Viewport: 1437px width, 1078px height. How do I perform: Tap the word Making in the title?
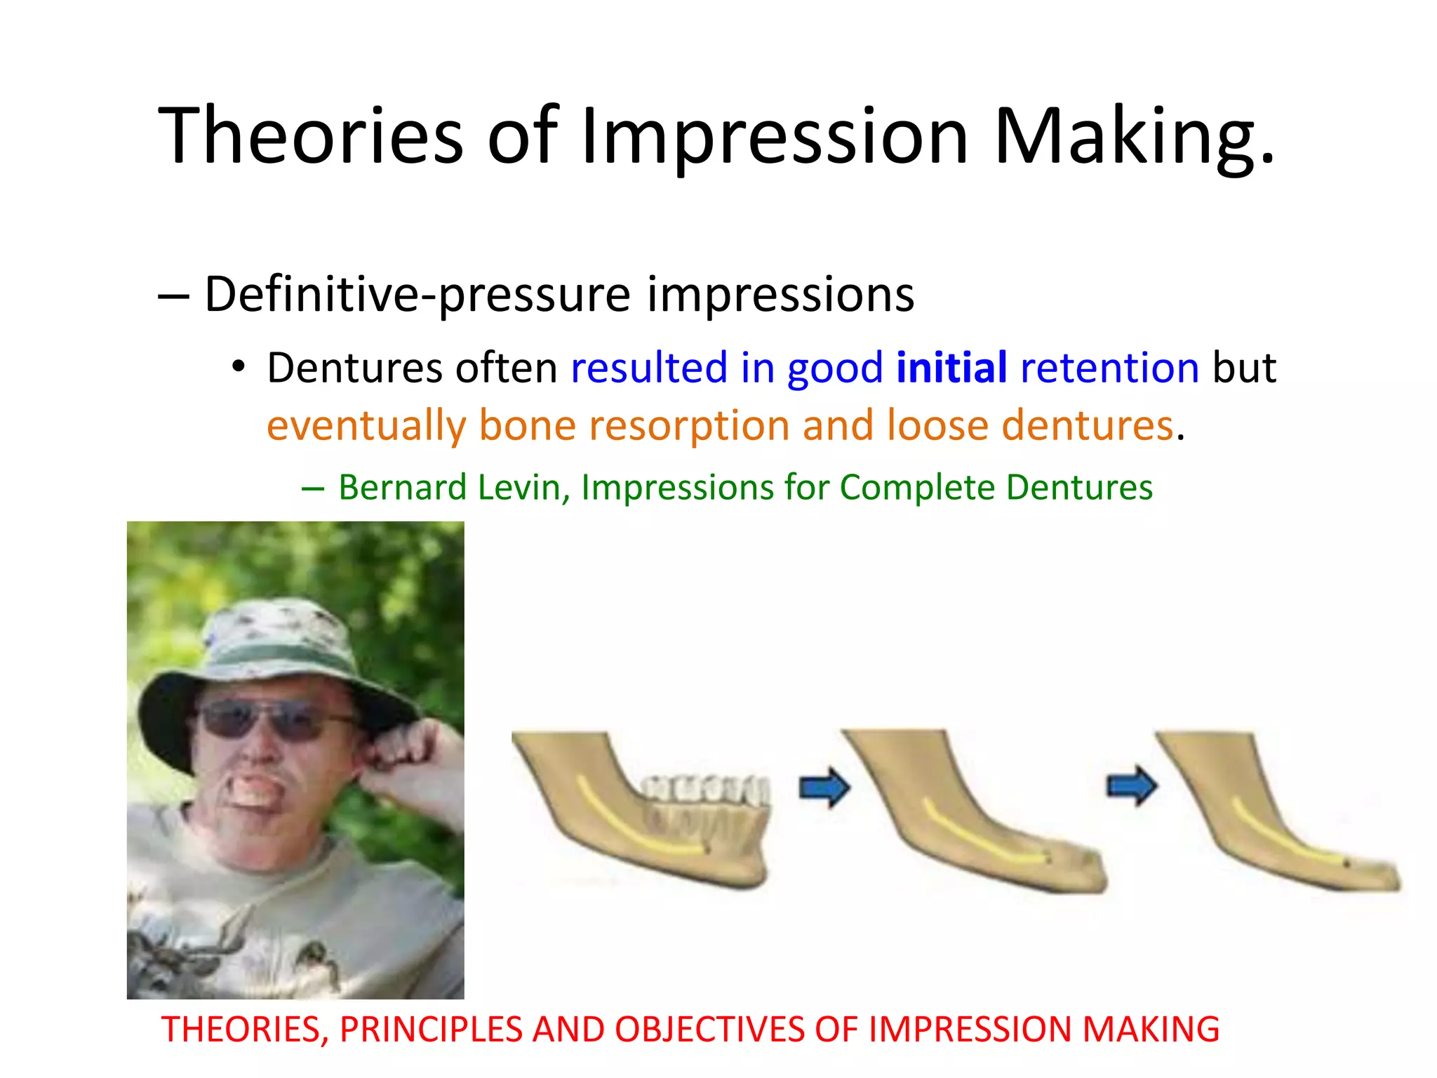point(1132,135)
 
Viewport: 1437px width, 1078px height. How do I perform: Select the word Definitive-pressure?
point(417,294)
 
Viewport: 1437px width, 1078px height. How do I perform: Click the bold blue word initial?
point(951,368)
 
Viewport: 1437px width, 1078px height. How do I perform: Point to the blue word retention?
point(1109,368)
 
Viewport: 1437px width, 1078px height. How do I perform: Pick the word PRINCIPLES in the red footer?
point(431,1030)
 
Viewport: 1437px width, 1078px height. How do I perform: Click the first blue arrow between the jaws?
point(824,787)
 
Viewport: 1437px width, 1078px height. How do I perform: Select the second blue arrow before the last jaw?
point(1131,786)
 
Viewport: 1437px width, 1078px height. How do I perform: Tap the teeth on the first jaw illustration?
point(705,790)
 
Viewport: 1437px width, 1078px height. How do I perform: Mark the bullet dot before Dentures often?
point(239,366)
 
